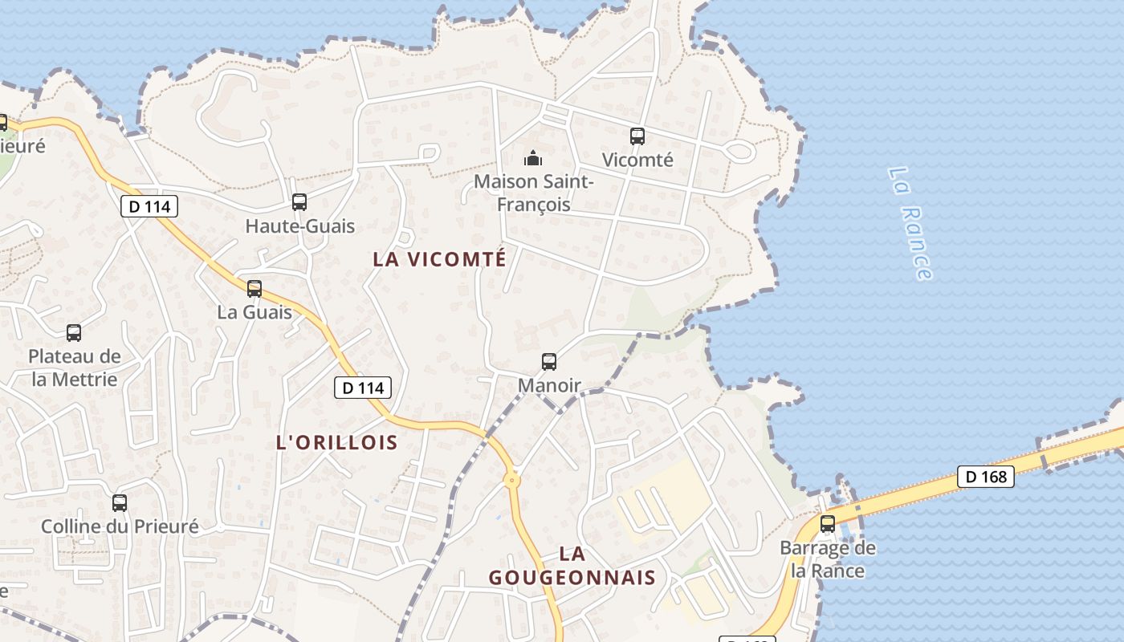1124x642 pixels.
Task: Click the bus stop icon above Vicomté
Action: coord(637,136)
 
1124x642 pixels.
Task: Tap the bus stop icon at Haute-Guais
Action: coord(299,202)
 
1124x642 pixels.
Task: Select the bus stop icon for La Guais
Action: coord(255,288)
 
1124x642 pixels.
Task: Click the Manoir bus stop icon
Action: coord(549,362)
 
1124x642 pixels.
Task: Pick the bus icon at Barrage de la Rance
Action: coord(828,524)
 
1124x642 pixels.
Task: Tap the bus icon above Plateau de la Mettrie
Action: coord(74,332)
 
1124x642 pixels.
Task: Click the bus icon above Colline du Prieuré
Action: coord(120,503)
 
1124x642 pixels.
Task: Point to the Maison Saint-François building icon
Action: coord(533,158)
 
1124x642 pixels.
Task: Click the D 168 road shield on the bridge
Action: coord(986,477)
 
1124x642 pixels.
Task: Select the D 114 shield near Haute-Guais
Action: coord(149,206)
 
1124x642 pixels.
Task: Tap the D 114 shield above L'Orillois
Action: coord(363,388)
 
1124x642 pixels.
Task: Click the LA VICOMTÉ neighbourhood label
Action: coord(439,259)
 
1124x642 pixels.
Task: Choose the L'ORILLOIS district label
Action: coord(337,442)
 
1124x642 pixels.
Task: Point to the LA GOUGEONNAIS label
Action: coord(572,566)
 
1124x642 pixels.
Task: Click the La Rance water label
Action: coord(911,223)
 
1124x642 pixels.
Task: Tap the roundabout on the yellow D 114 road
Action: coord(511,481)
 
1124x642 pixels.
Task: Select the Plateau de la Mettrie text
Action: coord(75,368)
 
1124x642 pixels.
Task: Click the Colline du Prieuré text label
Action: coord(120,527)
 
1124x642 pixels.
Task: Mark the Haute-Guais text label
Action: coord(299,226)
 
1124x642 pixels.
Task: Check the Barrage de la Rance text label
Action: coord(828,559)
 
